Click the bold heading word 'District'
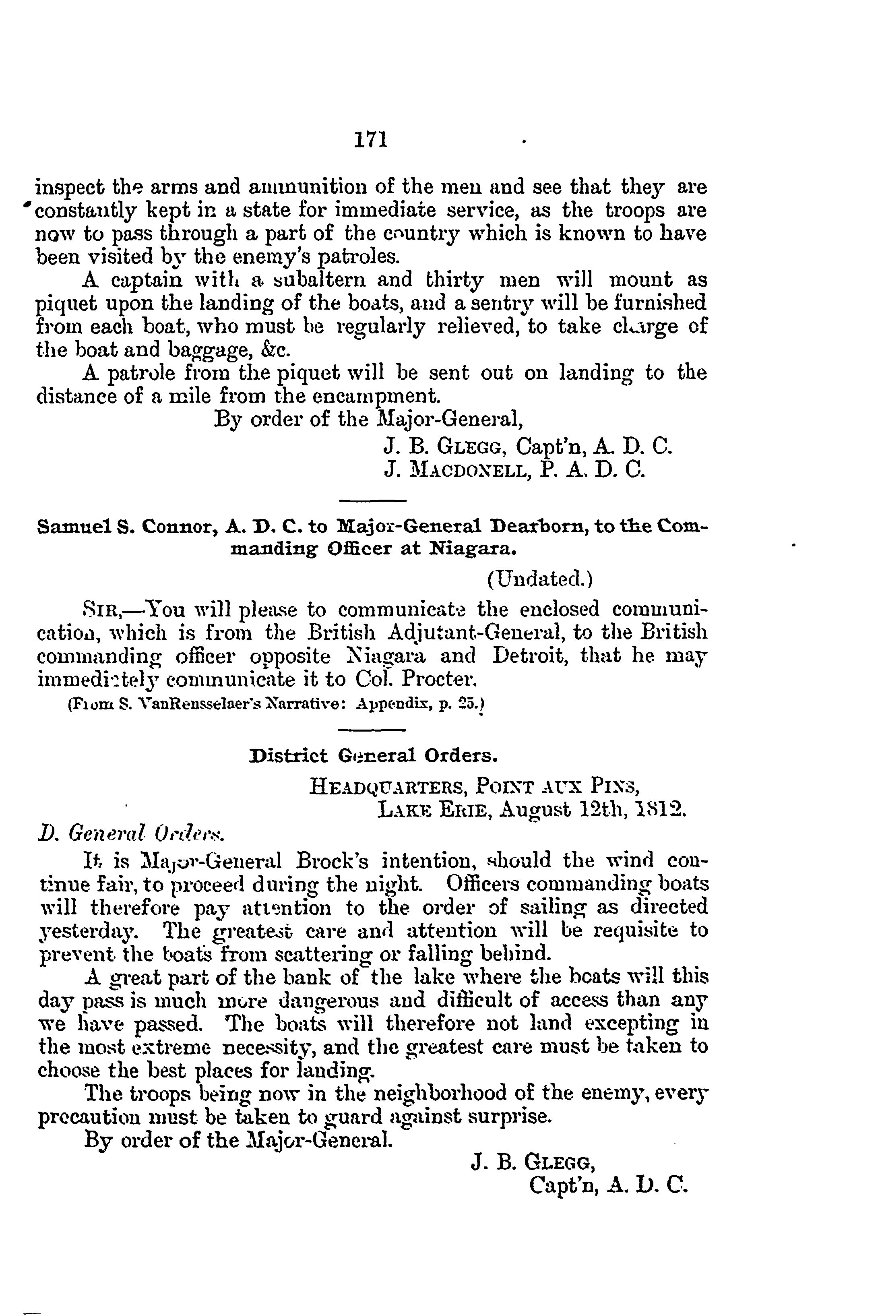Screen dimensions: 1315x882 [288, 755]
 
